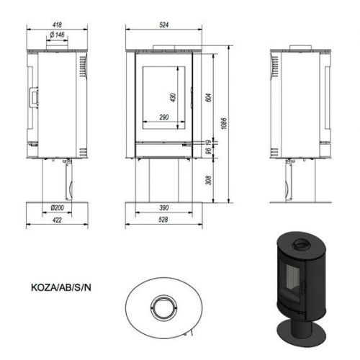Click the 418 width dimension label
[57, 24]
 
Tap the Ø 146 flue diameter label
[57, 35]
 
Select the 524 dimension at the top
[163, 24]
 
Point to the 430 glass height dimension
[173, 97]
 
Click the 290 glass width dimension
[164, 117]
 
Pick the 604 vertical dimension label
[209, 97]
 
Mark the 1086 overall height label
[223, 123]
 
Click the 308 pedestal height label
[209, 180]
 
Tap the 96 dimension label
[209, 150]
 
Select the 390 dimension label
[164, 207]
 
